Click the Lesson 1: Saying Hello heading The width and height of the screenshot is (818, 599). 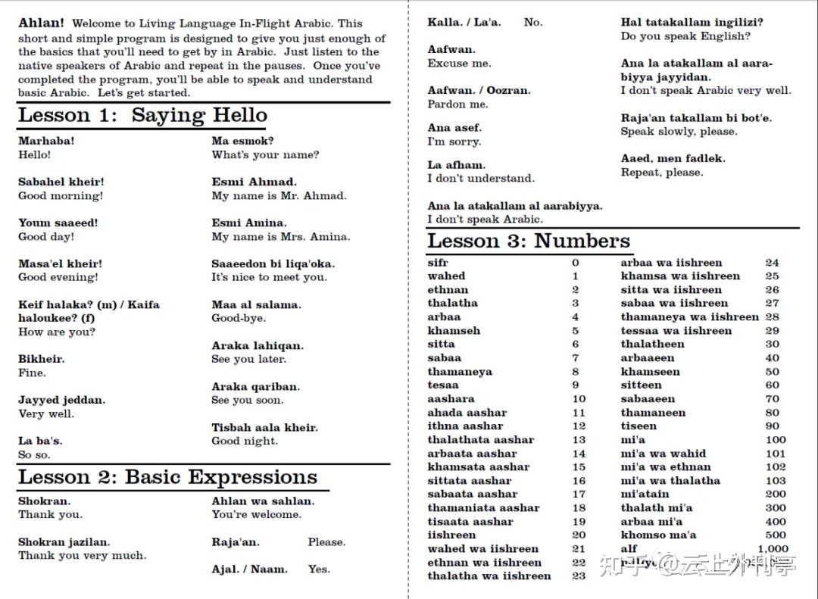(142, 116)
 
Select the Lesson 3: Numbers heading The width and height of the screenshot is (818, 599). (529, 242)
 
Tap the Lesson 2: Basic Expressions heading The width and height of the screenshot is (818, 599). (167, 478)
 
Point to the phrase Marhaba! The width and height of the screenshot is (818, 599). (46, 141)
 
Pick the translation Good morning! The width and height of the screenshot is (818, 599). (61, 196)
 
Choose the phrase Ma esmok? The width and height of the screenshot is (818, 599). (242, 141)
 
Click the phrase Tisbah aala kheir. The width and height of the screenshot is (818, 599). (264, 428)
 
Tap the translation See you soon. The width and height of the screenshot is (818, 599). (247, 401)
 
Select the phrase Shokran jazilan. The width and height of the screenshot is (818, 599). (64, 542)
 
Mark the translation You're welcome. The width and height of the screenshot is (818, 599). (256, 515)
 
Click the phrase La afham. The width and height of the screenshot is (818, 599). (456, 165)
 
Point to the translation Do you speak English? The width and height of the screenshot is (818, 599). (685, 36)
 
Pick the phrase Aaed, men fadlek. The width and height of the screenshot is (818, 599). (673, 159)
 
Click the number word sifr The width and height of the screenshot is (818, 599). (438, 263)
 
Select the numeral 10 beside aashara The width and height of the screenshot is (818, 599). (579, 399)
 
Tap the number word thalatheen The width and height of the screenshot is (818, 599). (652, 345)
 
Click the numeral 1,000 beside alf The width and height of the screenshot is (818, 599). (773, 549)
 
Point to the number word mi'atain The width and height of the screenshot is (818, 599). (645, 494)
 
